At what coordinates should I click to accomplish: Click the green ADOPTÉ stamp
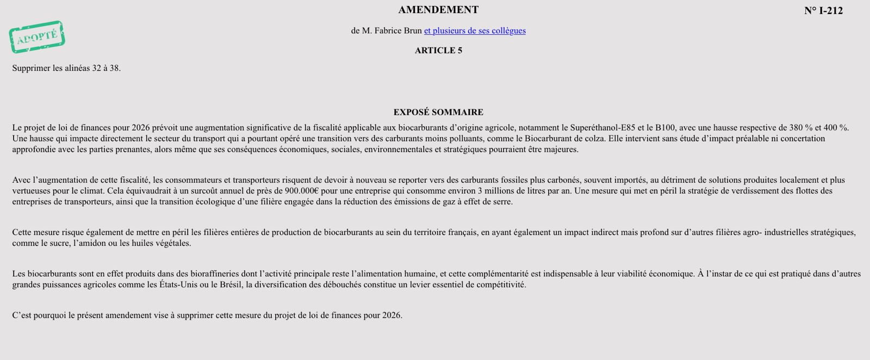point(37,37)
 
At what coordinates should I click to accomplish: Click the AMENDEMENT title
point(438,10)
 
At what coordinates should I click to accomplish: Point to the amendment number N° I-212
point(823,11)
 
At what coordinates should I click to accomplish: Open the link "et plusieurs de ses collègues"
point(475,30)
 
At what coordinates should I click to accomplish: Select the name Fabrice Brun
point(398,30)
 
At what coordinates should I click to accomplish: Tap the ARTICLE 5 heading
point(438,51)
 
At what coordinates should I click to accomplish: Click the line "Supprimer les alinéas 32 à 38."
point(66,68)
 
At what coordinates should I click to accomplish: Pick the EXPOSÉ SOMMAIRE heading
point(438,112)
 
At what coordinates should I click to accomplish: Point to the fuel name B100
point(665,128)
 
